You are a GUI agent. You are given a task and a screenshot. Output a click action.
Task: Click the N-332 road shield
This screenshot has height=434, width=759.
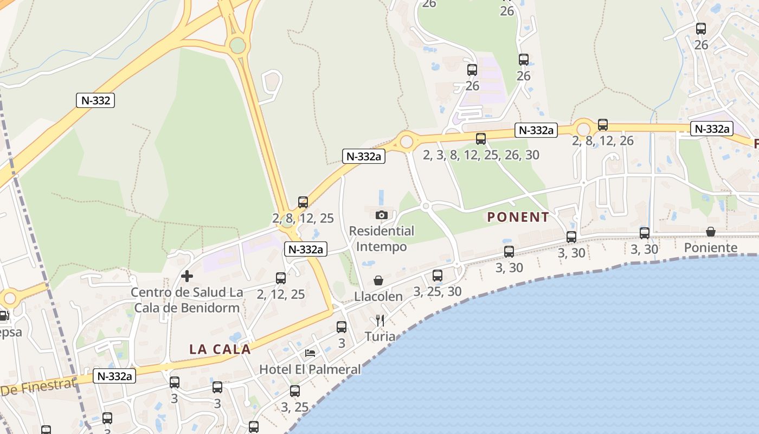(95, 100)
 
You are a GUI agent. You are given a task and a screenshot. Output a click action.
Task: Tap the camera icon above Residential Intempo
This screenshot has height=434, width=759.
(382, 215)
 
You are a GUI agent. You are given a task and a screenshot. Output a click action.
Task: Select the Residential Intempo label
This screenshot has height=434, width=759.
(382, 239)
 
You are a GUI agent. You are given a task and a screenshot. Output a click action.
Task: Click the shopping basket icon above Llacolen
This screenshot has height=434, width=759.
(378, 280)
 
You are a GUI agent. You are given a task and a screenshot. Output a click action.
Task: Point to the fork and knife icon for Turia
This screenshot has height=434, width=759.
(380, 321)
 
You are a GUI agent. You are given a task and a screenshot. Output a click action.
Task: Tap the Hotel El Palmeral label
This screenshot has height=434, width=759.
(310, 369)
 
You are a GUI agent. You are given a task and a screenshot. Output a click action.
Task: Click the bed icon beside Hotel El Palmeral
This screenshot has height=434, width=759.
(310, 353)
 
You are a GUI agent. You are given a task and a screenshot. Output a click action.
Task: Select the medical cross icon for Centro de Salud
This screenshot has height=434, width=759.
(187, 276)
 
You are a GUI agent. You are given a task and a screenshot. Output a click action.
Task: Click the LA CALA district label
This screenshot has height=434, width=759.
(220, 349)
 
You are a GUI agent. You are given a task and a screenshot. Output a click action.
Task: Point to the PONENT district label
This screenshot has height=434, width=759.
(518, 218)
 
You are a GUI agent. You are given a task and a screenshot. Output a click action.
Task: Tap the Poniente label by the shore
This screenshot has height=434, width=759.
(711, 248)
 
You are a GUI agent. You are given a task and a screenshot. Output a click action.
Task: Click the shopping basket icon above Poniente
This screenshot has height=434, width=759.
(711, 232)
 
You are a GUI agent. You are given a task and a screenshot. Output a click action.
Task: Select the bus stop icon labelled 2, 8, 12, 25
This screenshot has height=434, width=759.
(303, 202)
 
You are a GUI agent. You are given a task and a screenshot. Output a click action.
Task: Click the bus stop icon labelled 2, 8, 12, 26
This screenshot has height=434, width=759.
(603, 125)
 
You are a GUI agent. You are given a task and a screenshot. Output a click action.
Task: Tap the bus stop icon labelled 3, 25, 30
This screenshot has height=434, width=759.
(438, 276)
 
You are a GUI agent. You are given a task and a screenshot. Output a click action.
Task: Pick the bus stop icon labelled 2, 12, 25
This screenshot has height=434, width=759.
(281, 278)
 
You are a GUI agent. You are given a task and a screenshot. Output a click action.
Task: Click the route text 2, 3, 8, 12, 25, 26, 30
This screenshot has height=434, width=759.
(481, 155)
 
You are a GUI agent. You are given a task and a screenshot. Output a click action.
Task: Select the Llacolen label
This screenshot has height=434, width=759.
(378, 297)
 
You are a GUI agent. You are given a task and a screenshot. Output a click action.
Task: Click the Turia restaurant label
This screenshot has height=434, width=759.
(380, 336)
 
